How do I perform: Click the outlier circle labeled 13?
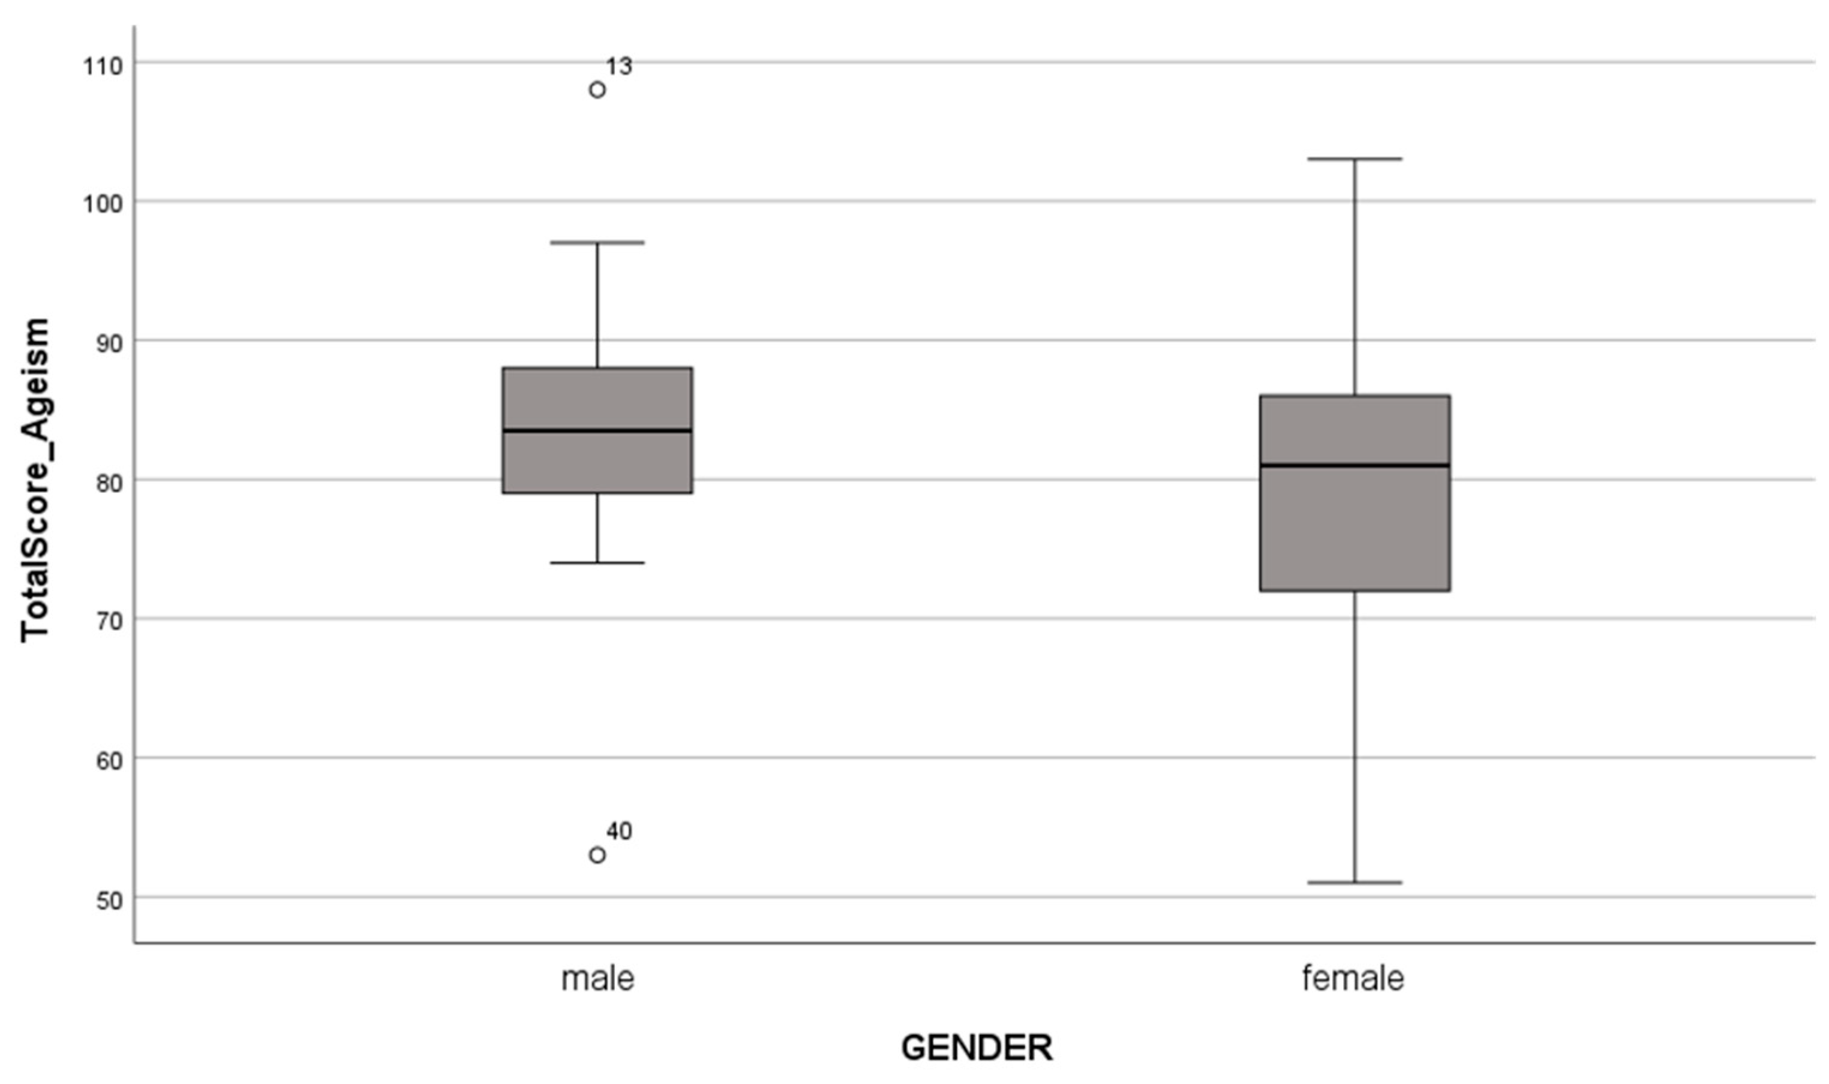point(597,90)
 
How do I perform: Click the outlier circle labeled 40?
point(597,854)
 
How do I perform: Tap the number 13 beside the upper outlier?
point(618,67)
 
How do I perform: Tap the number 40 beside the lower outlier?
point(619,831)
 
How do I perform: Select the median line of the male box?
point(597,430)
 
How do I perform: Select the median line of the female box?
point(1355,465)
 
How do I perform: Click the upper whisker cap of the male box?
point(597,242)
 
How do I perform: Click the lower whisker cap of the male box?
point(597,562)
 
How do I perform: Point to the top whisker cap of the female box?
point(1355,158)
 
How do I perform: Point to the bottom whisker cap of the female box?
point(1355,883)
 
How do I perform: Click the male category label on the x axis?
point(597,978)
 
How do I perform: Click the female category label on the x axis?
point(1353,977)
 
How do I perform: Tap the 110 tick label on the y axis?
point(103,67)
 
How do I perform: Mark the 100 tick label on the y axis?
point(103,205)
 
